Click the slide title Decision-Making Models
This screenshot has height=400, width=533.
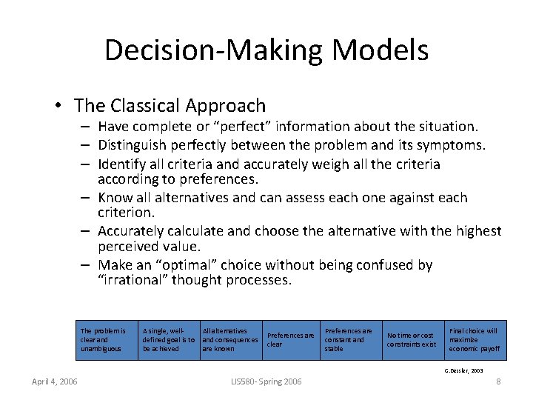(x=266, y=50)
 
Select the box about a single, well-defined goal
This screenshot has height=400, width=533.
(x=168, y=340)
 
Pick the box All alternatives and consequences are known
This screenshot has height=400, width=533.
(x=230, y=340)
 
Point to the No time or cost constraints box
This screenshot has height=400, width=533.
(x=411, y=340)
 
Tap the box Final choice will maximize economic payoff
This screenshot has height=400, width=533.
(x=474, y=340)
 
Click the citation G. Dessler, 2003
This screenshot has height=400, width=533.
(x=463, y=370)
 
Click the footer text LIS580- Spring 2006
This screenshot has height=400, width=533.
(x=266, y=381)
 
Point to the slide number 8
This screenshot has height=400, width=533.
(x=498, y=381)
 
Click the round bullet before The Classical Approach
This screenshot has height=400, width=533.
(x=58, y=107)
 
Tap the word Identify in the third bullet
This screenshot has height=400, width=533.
(x=121, y=164)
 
